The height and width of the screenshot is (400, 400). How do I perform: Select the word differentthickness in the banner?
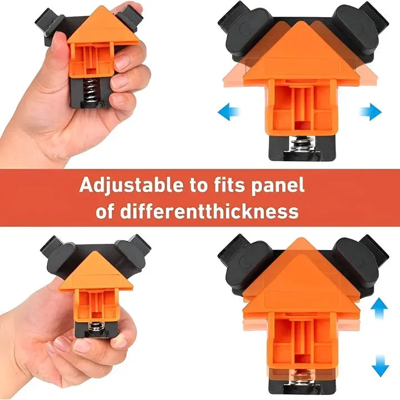coord(209,211)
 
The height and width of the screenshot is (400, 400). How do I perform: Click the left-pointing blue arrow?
coord(228,112)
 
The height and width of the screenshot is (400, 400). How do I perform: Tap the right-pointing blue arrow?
coord(371,112)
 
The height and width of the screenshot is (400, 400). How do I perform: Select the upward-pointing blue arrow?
coord(379,308)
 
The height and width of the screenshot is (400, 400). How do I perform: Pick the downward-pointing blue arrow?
coord(380,366)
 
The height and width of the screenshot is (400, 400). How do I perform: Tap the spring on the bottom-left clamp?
coord(96,327)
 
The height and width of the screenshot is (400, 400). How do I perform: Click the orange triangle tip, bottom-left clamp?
coord(96,251)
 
